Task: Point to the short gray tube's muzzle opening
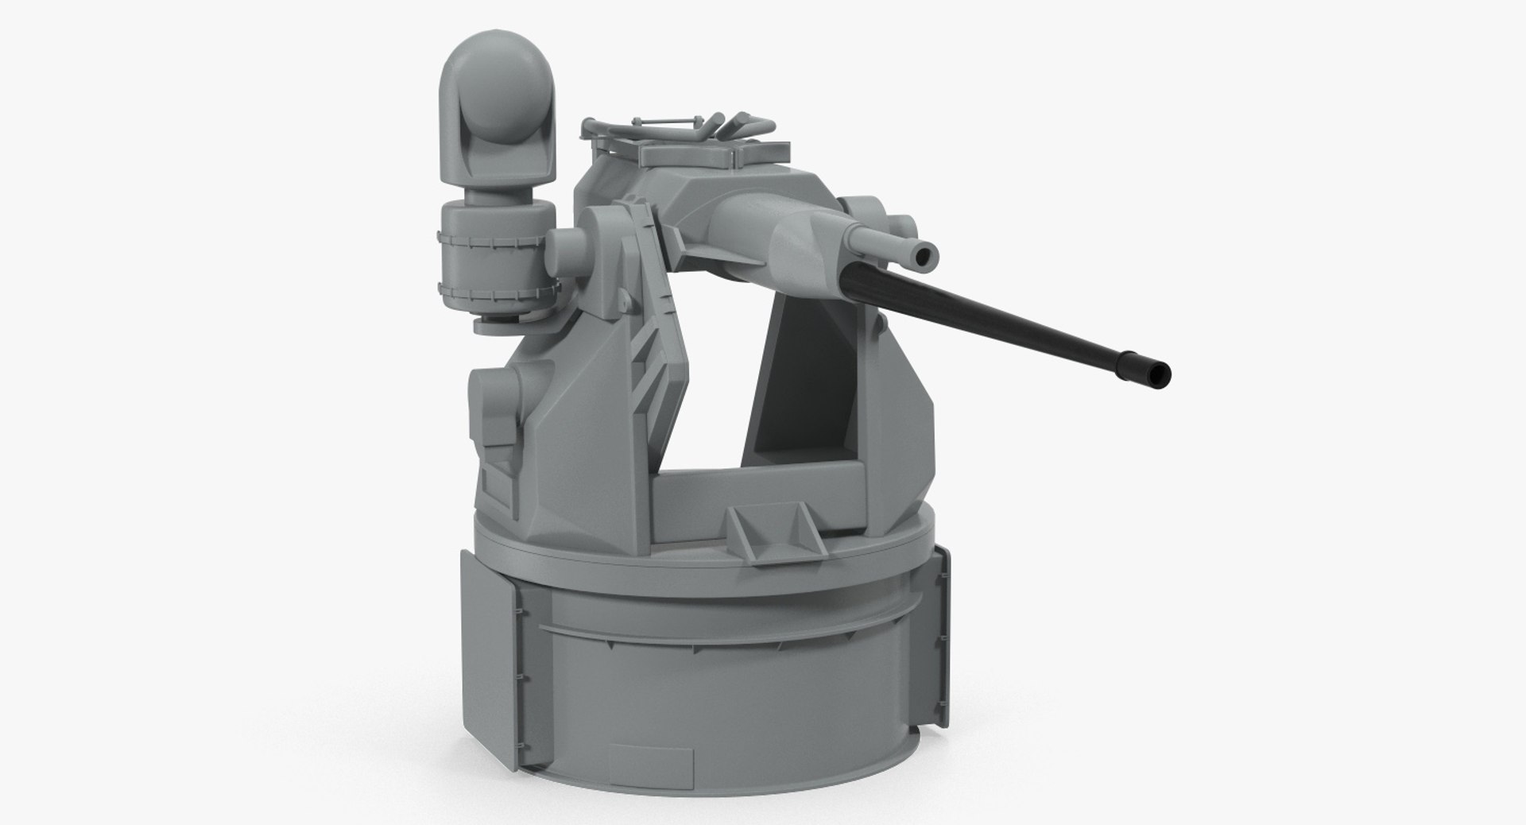pos(923,255)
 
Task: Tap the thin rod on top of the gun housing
pos(668,120)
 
